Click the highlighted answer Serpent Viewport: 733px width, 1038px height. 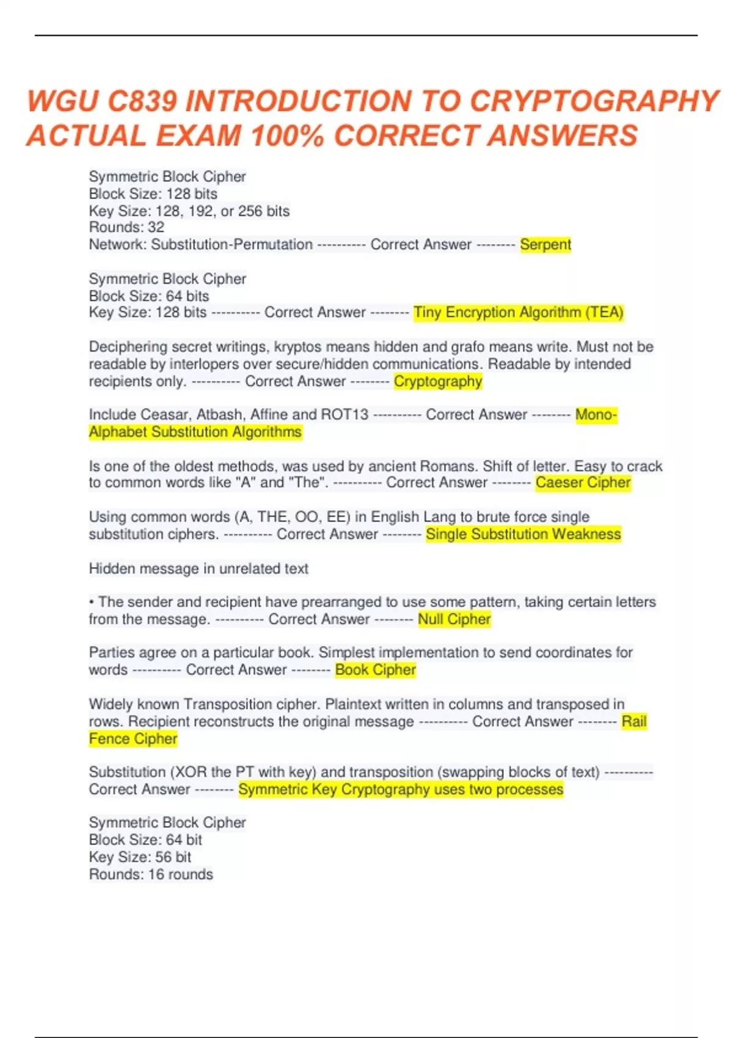coord(545,245)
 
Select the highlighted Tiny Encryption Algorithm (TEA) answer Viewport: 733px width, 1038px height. coord(518,313)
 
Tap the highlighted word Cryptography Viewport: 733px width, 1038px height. coord(438,382)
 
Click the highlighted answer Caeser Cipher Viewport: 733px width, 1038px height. coord(583,483)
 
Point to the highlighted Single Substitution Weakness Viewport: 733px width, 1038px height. coord(523,534)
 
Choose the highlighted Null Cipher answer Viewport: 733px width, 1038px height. coord(454,619)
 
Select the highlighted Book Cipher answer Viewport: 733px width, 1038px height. coord(375,670)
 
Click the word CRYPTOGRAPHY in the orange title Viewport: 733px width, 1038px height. coord(594,101)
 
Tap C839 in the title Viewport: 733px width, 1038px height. coord(142,101)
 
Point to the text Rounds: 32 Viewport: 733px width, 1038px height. coord(126,227)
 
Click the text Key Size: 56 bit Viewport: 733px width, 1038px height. coord(140,857)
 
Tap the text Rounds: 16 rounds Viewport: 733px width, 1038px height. coord(151,874)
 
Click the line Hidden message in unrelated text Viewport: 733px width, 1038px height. coord(199,568)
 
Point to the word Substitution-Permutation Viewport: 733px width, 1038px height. coord(232,245)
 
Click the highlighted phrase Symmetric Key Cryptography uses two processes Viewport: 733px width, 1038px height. coord(401,789)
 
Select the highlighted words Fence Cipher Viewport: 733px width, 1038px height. coord(133,739)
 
